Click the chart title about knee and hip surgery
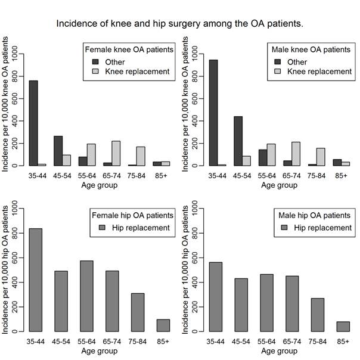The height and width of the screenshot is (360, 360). tap(179, 24)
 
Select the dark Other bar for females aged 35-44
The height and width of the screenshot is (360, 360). tap(33, 123)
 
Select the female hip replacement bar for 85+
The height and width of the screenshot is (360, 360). tap(163, 325)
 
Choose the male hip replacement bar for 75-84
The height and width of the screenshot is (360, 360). tap(317, 314)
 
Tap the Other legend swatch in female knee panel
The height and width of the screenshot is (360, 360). tap(95, 61)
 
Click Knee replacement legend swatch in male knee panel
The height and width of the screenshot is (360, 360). tap(278, 72)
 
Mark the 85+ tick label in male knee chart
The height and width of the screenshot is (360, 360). tap(341, 177)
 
